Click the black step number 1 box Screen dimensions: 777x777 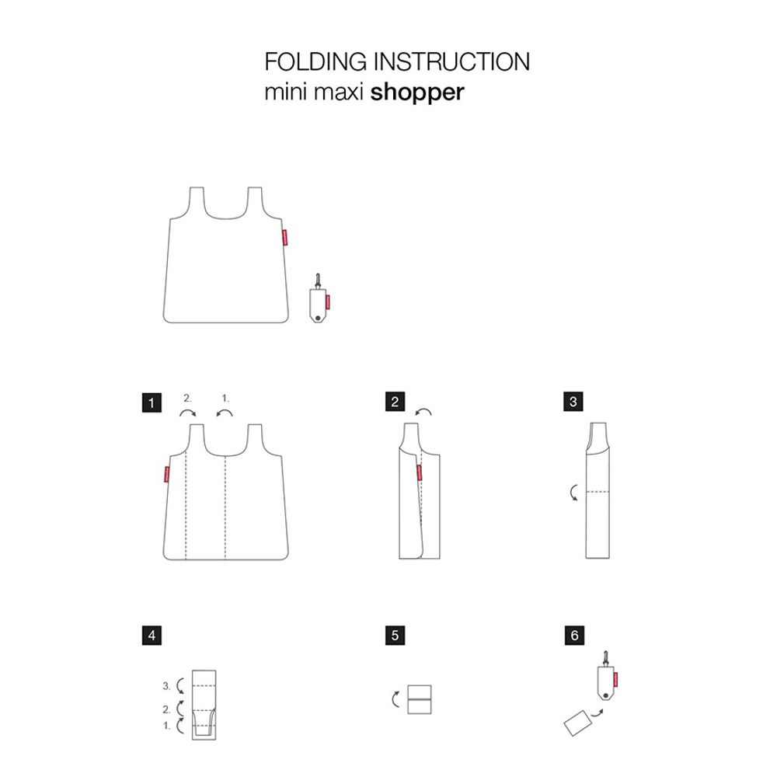pyautogui.click(x=153, y=402)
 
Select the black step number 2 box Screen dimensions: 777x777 pyautogui.click(x=395, y=402)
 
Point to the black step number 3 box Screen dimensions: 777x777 pyautogui.click(x=573, y=402)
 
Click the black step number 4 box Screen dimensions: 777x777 pyautogui.click(x=153, y=635)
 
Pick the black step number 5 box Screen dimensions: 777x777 pyautogui.click(x=395, y=635)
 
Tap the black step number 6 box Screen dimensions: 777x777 pyautogui.click(x=573, y=635)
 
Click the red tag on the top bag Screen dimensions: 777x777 pyautogui.click(x=284, y=236)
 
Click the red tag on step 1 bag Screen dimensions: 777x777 pyautogui.click(x=166, y=474)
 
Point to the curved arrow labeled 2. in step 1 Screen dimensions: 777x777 pyautogui.click(x=187, y=414)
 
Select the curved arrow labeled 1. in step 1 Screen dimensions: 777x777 pyautogui.click(x=225, y=414)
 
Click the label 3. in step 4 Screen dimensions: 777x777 pyautogui.click(x=166, y=686)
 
